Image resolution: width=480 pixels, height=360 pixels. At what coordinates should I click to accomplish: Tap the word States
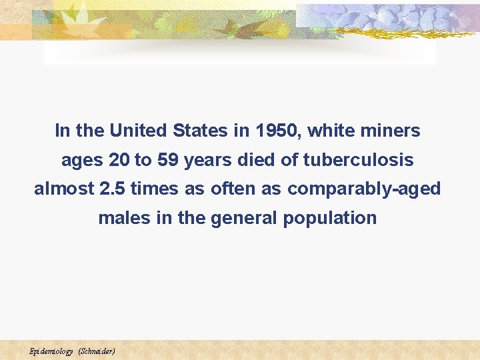click(200, 131)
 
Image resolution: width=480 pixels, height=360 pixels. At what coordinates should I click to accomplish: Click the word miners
click(391, 131)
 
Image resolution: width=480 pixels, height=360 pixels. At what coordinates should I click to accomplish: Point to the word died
click(257, 161)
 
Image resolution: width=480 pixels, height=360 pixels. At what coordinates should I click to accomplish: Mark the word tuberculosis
click(358, 161)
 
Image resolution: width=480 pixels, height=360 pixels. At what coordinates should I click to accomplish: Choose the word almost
click(63, 189)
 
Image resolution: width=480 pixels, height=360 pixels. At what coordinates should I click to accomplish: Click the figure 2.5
click(111, 189)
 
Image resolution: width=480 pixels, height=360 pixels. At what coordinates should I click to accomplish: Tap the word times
click(153, 189)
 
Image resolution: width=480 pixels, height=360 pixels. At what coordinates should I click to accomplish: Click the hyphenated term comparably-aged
click(364, 190)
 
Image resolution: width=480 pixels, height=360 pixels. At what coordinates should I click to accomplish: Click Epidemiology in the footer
click(51, 351)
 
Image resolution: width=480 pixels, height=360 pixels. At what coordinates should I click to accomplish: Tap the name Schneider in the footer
click(97, 351)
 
